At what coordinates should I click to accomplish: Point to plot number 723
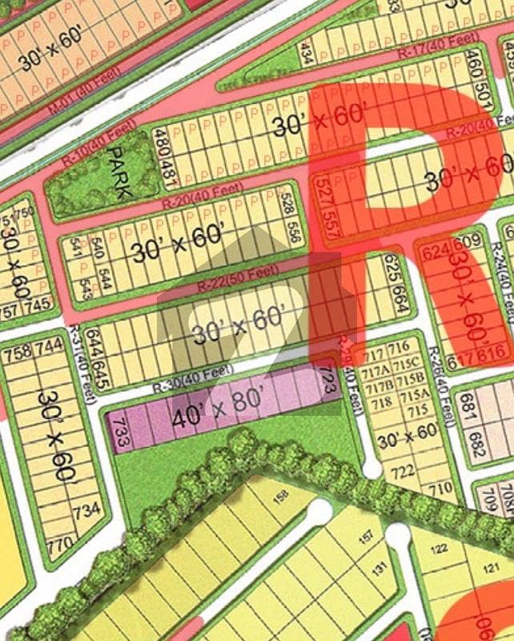coord(327,383)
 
